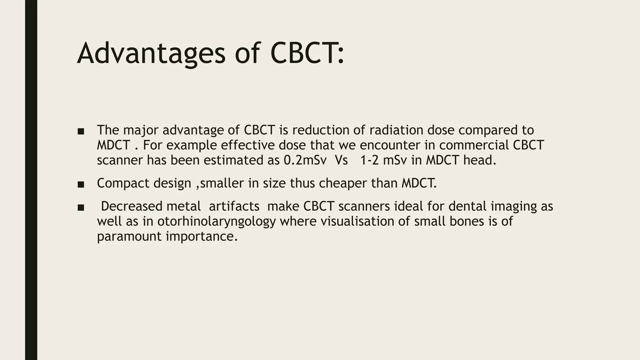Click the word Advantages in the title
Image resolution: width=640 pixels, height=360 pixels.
tap(151, 54)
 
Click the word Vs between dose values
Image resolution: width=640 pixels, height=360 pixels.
tap(341, 160)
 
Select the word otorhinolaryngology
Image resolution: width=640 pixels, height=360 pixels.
tap(217, 222)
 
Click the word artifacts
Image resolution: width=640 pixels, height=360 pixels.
tap(234, 206)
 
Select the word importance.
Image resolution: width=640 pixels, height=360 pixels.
tap(202, 237)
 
